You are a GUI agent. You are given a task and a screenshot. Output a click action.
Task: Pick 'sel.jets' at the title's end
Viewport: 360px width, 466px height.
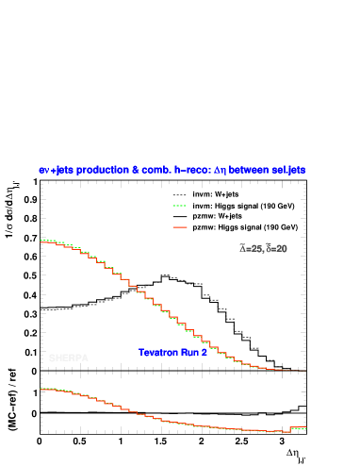pyautogui.click(x=288, y=170)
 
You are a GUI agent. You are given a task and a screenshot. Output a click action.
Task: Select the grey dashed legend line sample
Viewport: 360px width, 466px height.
pyautogui.click(x=180, y=195)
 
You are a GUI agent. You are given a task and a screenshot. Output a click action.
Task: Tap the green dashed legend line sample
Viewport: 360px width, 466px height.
pyautogui.click(x=180, y=206)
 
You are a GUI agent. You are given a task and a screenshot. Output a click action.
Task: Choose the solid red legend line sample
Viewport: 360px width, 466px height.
pyautogui.click(x=180, y=227)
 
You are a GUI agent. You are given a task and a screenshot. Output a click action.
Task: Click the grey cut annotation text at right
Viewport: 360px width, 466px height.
pyautogui.click(x=263, y=249)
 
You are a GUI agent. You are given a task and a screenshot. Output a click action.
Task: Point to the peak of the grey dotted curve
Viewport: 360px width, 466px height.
pyautogui.click(x=164, y=275)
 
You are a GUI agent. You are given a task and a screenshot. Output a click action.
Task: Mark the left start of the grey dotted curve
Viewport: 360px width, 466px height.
pyautogui.click(x=41, y=309)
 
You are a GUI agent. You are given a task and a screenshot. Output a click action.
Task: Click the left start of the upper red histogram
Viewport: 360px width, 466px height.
pyautogui.click(x=41, y=241)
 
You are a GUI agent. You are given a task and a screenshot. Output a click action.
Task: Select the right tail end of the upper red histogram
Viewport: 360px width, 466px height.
pyautogui.click(x=303, y=370)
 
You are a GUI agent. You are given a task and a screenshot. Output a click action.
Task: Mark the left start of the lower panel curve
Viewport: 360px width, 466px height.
pyautogui.click(x=41, y=389)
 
